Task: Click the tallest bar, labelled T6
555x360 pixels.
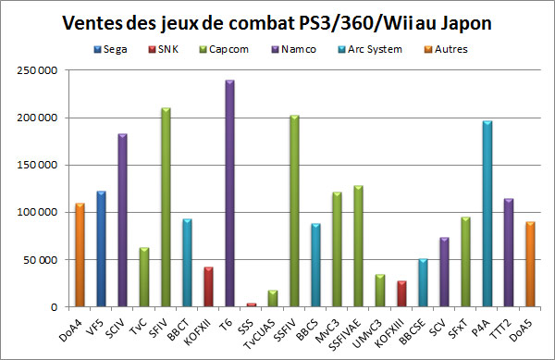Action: (x=228, y=193)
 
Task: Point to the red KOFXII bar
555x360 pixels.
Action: (x=208, y=287)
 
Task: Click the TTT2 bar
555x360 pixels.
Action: (x=508, y=253)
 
